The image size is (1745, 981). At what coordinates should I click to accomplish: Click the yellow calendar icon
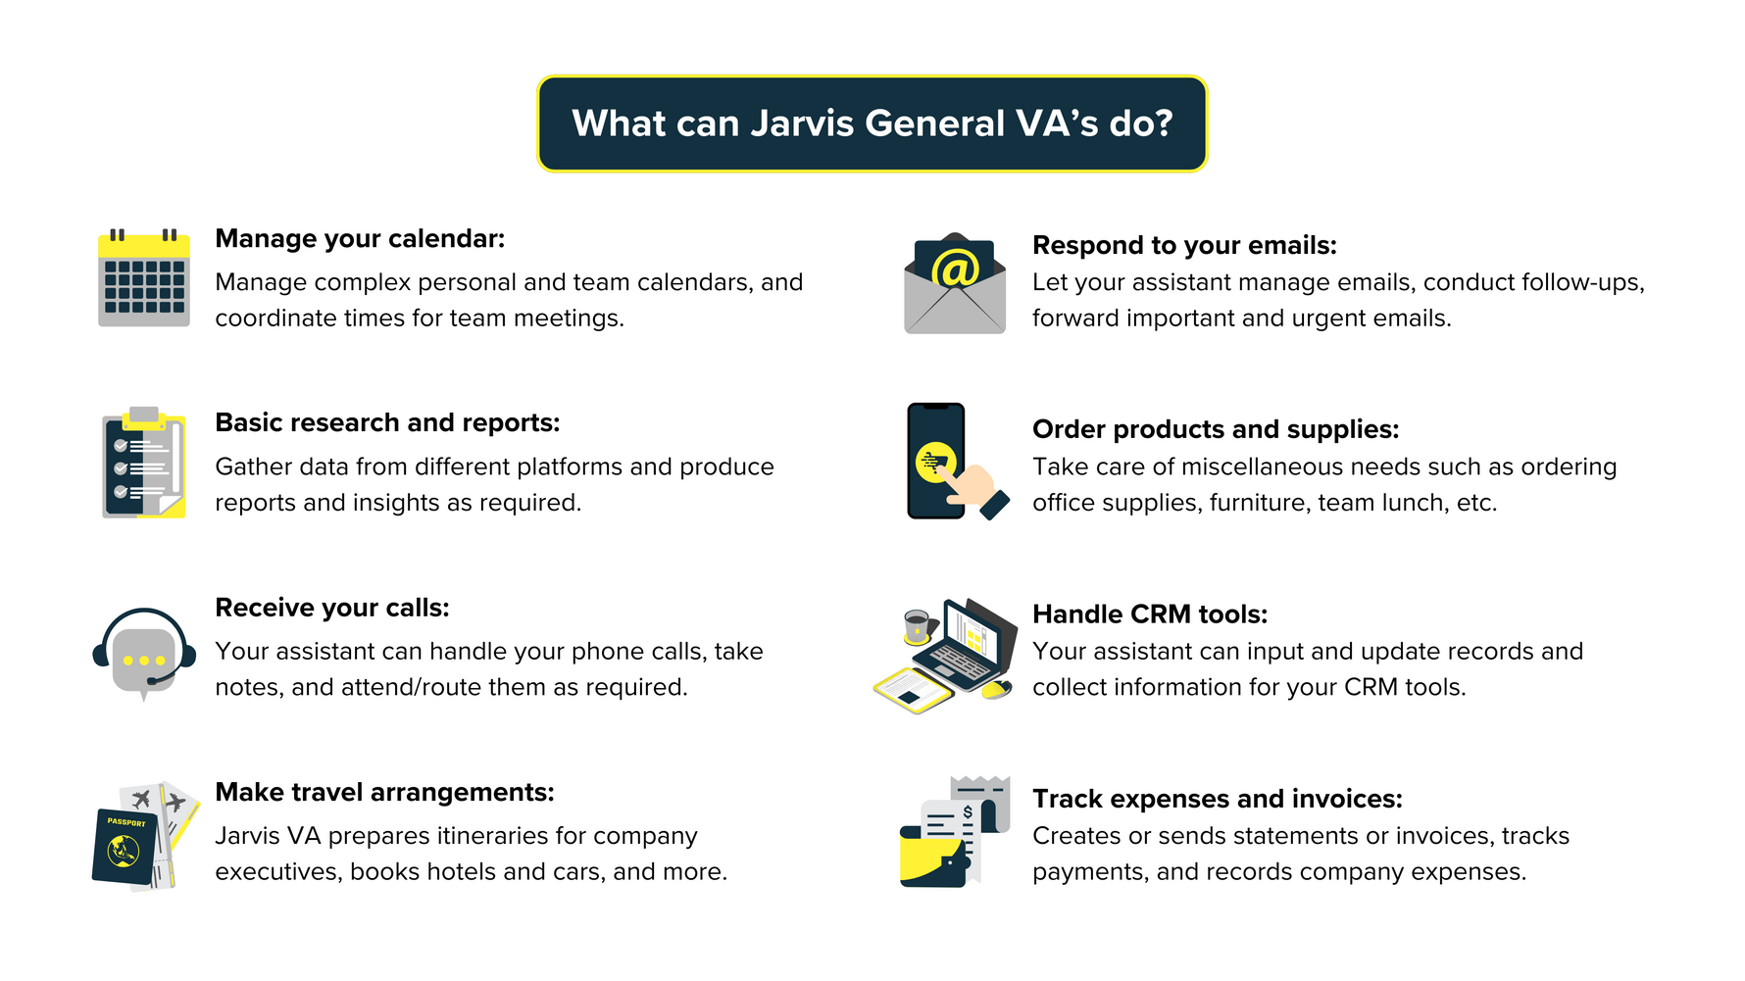(144, 278)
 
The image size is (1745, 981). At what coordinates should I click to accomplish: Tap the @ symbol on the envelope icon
(955, 268)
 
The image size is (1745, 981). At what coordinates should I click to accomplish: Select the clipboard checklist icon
(144, 463)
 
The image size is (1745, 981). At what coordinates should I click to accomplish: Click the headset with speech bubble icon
(143, 651)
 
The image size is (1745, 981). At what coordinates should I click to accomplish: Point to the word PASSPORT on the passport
(126, 822)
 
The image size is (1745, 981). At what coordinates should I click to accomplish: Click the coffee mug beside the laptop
(917, 624)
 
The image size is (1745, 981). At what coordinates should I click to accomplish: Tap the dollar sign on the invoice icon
(968, 811)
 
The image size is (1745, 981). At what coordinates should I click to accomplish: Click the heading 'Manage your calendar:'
(360, 239)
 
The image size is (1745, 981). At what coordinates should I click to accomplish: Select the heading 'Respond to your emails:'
(1184, 245)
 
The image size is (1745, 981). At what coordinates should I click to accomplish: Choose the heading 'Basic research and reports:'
(387, 423)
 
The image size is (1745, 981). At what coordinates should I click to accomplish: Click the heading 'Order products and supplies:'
(1216, 429)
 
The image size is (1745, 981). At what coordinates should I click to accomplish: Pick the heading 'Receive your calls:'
(332, 609)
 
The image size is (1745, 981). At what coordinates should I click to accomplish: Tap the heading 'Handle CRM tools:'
(1150, 614)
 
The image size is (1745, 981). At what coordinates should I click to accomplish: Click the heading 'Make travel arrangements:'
(384, 793)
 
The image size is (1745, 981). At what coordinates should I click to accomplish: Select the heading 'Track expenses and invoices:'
(1218, 799)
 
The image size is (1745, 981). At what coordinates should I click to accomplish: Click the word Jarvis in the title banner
(802, 123)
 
